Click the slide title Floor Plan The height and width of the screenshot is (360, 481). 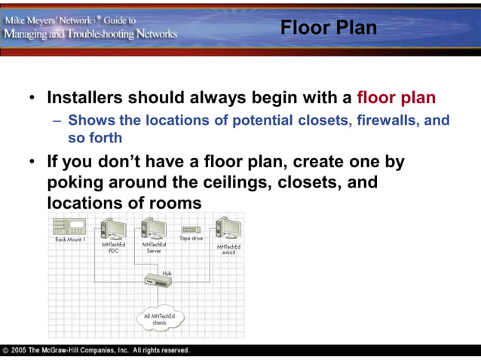328,28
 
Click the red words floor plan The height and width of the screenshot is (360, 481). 396,98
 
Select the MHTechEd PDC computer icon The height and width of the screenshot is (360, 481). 114,228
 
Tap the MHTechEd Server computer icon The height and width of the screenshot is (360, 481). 154,228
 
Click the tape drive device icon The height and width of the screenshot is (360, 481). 190,229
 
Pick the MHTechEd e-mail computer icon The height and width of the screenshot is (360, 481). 228,228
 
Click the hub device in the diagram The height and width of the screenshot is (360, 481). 160,282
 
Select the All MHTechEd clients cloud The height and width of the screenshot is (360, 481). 160,319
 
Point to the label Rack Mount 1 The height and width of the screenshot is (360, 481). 69,239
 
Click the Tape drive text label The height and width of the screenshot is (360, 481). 191,238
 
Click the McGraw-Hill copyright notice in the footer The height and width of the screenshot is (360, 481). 97,351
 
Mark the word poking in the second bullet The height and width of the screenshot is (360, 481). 75,182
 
